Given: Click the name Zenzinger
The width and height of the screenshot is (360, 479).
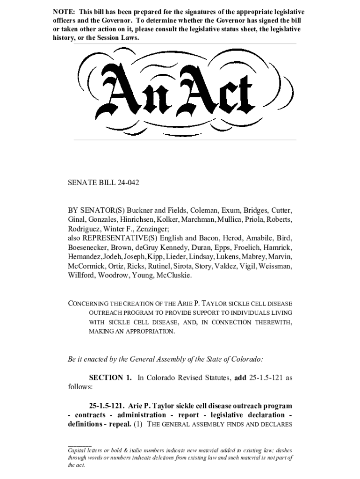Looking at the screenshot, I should tap(151, 229).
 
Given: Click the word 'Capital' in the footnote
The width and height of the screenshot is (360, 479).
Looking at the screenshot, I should tap(77, 450).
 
